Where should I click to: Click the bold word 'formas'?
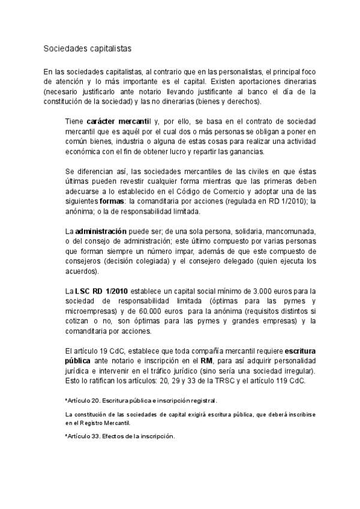click(x=112, y=202)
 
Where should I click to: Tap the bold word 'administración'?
click(x=101, y=231)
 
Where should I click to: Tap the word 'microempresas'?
click(x=91, y=312)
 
